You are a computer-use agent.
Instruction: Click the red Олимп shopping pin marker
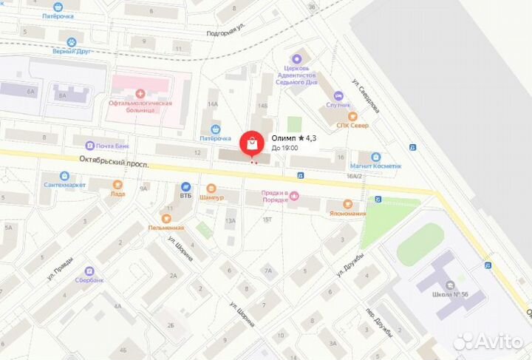[x=251, y=143]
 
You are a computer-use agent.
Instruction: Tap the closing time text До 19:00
[x=285, y=149]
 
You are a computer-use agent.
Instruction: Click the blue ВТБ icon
[x=185, y=187]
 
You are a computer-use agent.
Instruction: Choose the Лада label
[x=117, y=194]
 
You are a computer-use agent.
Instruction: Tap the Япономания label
[x=347, y=214]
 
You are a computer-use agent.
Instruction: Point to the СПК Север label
[x=352, y=125]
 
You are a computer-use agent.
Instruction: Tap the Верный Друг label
[x=71, y=51]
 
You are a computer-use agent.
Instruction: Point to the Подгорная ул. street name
[x=226, y=30]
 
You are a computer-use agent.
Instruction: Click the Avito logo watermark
[x=488, y=341]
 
